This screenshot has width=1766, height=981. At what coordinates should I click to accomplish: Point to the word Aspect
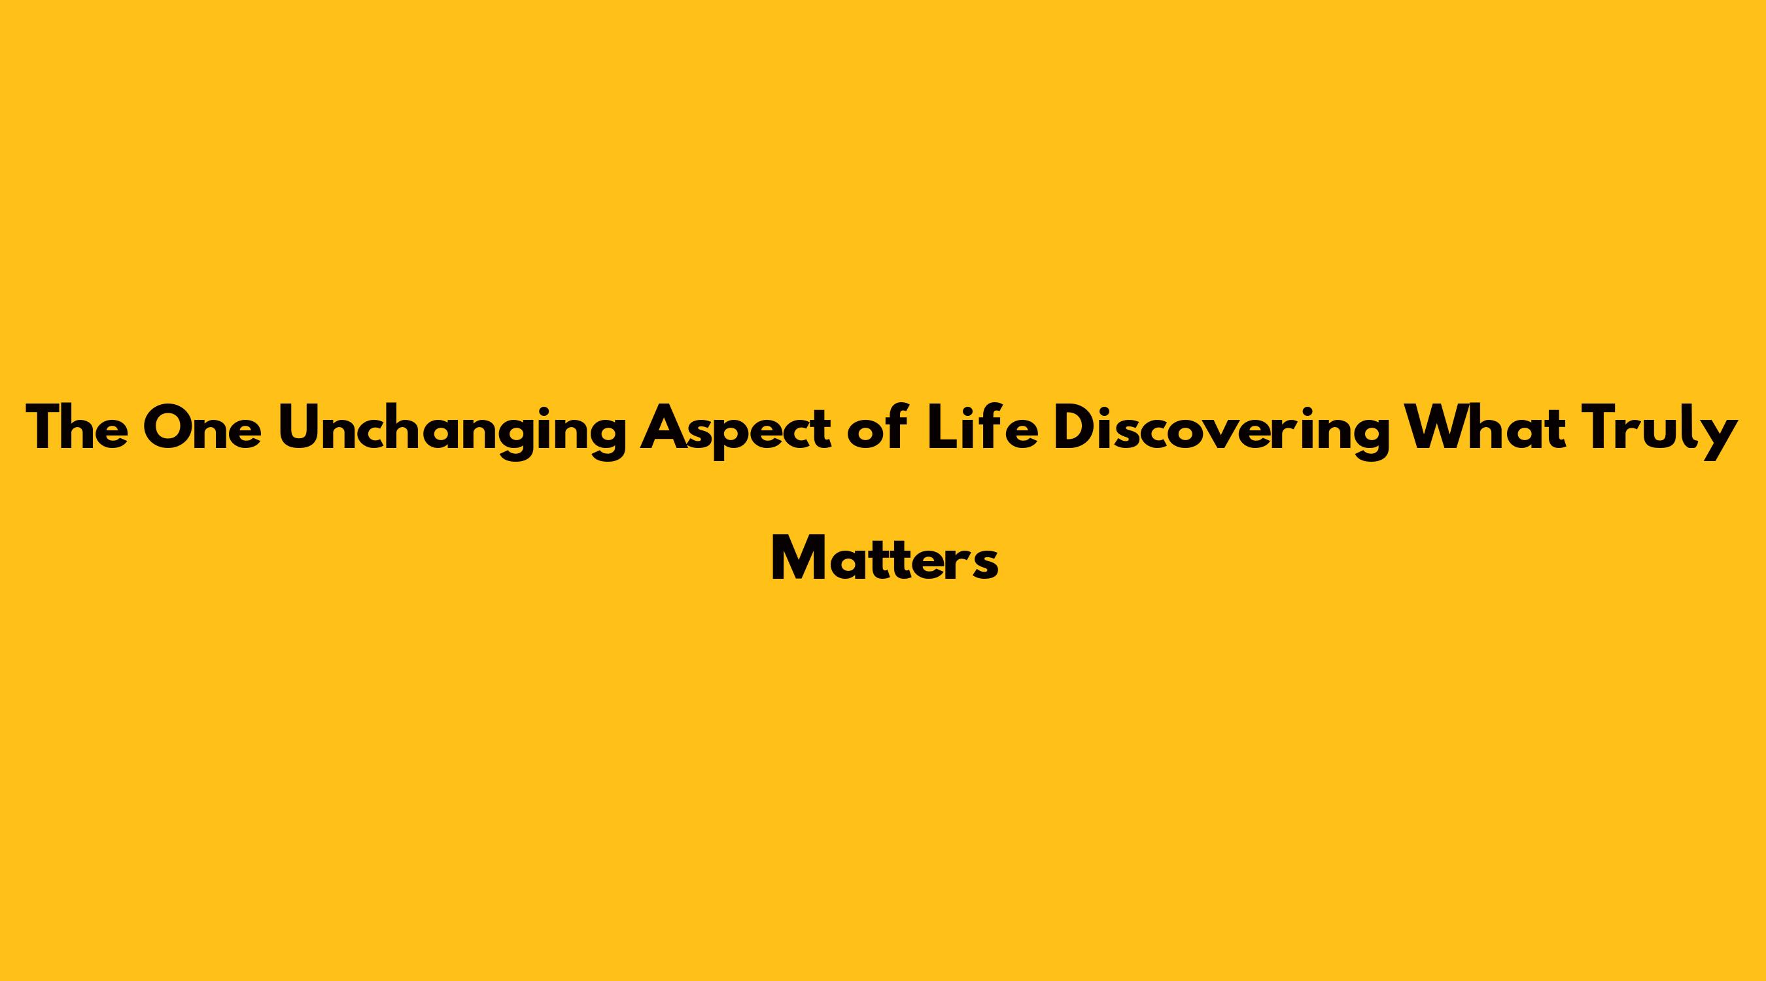(736, 431)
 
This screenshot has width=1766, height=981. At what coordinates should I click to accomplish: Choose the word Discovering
(1222, 431)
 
